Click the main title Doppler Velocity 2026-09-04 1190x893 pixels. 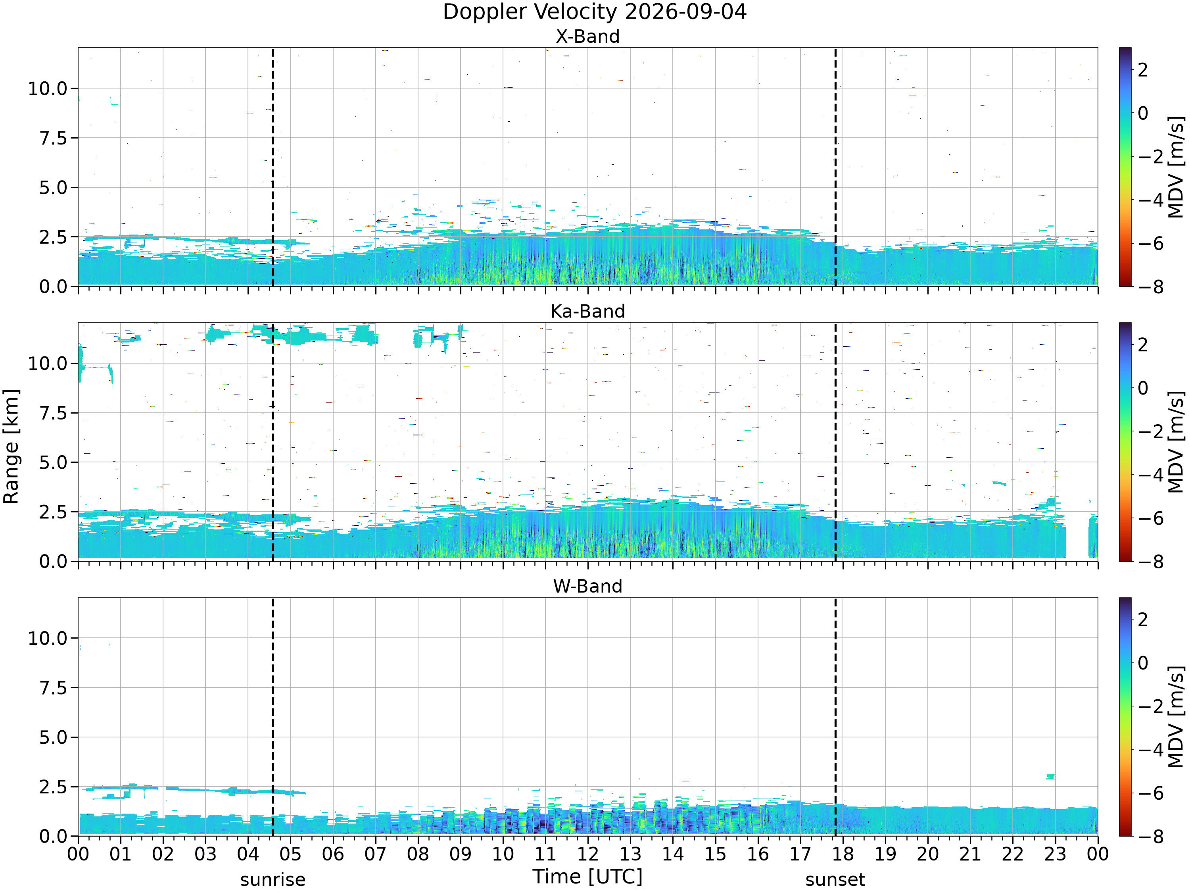pyautogui.click(x=595, y=12)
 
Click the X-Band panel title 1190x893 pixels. pyautogui.click(x=587, y=37)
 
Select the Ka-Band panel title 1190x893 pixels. pyautogui.click(x=587, y=311)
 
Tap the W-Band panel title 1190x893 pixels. pyautogui.click(x=587, y=586)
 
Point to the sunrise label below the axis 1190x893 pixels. pyautogui.click(x=273, y=880)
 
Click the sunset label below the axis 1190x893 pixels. pyautogui.click(x=835, y=880)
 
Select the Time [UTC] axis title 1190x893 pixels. pyautogui.click(x=587, y=877)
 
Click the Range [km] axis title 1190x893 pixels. pyautogui.click(x=11, y=446)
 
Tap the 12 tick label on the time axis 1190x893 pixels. pyautogui.click(x=587, y=854)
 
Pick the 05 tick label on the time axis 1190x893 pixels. pyautogui.click(x=290, y=854)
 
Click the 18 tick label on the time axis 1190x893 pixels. pyautogui.click(x=843, y=854)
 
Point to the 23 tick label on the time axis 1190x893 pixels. pyautogui.click(x=1055, y=854)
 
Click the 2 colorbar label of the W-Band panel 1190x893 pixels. pyautogui.click(x=1143, y=620)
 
